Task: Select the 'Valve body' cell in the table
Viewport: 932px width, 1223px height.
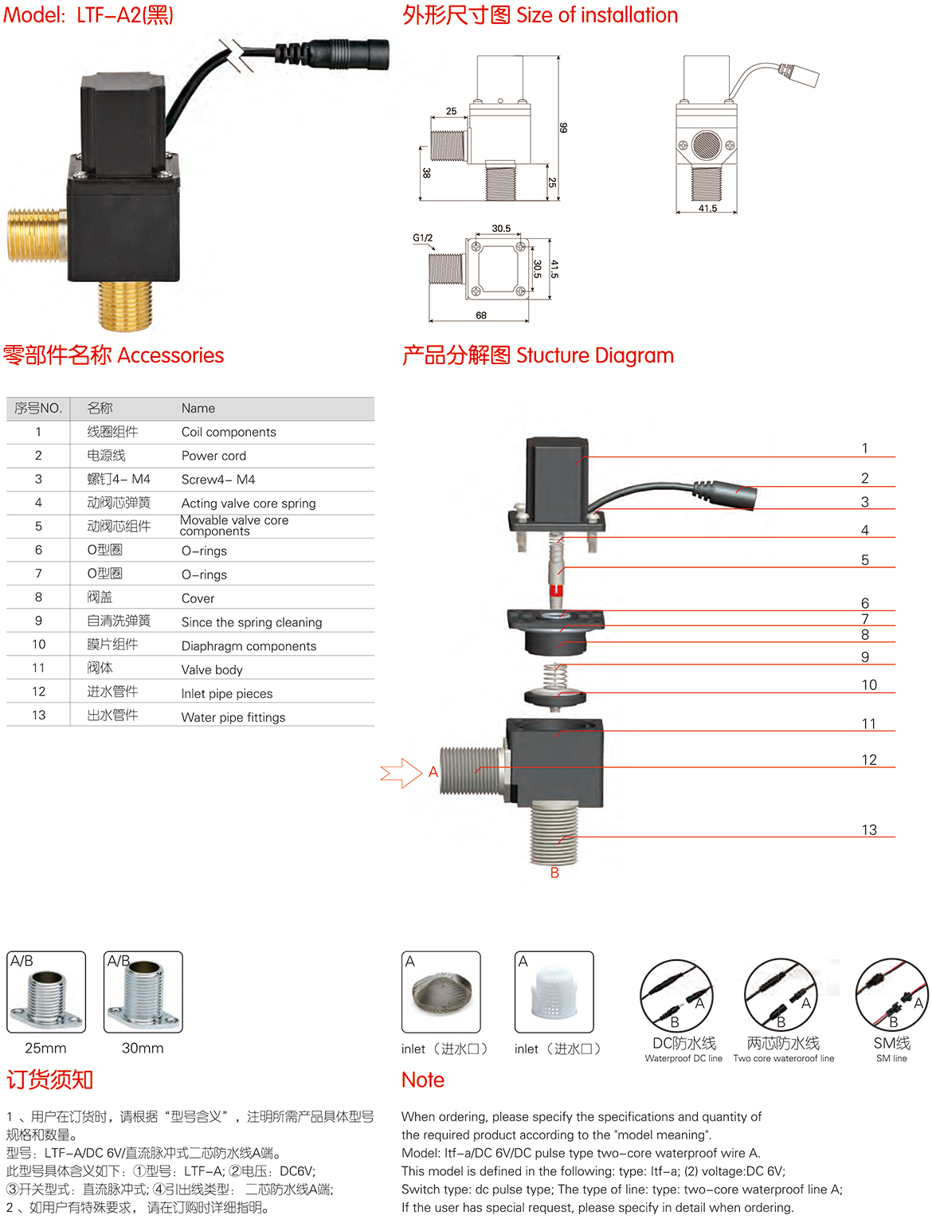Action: pyautogui.click(x=212, y=669)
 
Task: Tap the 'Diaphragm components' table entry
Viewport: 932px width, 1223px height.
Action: pyautogui.click(x=249, y=645)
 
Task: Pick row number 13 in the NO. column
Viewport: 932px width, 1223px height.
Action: pyautogui.click(x=38, y=715)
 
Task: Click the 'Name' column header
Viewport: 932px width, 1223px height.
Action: pyautogui.click(x=198, y=408)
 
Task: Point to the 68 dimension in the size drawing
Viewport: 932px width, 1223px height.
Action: pyautogui.click(x=481, y=316)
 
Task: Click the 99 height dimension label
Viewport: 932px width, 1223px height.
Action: pyautogui.click(x=562, y=127)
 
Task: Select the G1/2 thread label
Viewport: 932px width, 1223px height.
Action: pyautogui.click(x=422, y=238)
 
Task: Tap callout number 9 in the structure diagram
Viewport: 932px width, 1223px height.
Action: pyautogui.click(x=864, y=657)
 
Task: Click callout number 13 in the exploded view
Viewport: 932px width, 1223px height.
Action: pyautogui.click(x=868, y=829)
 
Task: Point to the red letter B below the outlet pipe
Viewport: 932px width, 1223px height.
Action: pyautogui.click(x=554, y=872)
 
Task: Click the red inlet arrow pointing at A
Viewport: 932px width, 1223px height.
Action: pyautogui.click(x=401, y=773)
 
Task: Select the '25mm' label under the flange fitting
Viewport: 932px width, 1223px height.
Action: pyautogui.click(x=45, y=1048)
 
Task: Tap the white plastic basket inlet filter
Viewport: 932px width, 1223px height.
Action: pyautogui.click(x=554, y=992)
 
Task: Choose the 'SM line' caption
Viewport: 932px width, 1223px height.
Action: pyautogui.click(x=891, y=1058)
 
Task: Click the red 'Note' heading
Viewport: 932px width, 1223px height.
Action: pyautogui.click(x=423, y=1080)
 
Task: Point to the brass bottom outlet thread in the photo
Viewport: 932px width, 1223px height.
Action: pyautogui.click(x=125, y=305)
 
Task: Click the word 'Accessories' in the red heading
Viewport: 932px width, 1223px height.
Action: pyautogui.click(x=170, y=355)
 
